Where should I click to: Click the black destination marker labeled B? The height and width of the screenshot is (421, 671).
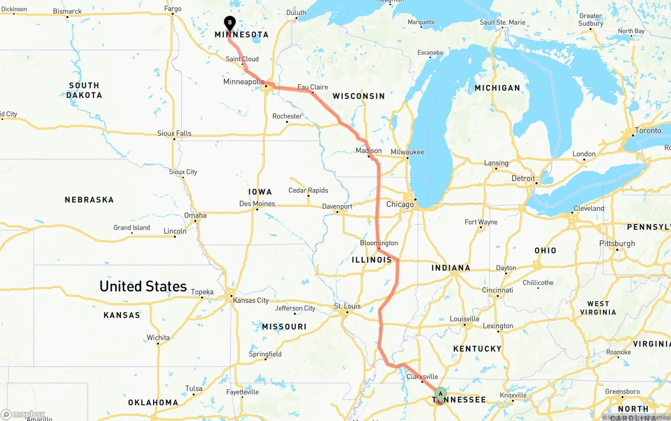(x=229, y=23)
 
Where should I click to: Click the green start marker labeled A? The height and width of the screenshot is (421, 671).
(x=440, y=393)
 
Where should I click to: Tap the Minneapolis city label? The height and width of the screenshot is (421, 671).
(x=244, y=82)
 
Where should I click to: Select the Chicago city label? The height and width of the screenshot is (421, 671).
(x=400, y=204)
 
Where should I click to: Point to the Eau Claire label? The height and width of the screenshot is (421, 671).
(x=313, y=87)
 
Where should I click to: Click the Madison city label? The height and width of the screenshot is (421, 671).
(x=369, y=150)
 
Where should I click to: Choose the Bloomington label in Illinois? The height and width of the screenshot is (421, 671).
(x=379, y=243)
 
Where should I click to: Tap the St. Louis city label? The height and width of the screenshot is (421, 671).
(x=347, y=306)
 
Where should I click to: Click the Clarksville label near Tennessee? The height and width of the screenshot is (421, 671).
(x=422, y=376)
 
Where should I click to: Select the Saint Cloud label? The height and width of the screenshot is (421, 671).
(x=242, y=59)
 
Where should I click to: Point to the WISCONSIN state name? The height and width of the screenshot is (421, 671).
(x=359, y=96)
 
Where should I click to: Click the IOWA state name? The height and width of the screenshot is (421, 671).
(x=260, y=192)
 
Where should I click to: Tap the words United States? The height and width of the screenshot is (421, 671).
(x=143, y=286)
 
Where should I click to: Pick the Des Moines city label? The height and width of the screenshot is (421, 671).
(x=257, y=203)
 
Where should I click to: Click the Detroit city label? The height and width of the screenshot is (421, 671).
(x=523, y=178)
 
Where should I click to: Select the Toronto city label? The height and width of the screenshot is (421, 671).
(x=648, y=131)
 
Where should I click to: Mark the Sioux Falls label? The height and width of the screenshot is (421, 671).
(x=175, y=134)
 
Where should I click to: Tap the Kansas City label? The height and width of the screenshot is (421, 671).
(x=251, y=300)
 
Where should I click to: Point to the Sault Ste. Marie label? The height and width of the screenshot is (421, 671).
(x=502, y=23)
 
